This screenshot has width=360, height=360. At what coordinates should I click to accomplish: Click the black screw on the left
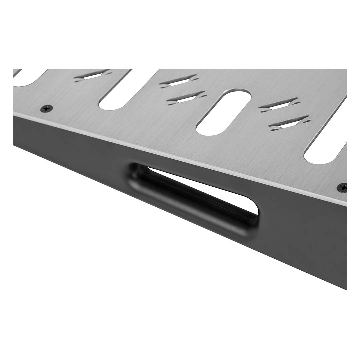(47, 108)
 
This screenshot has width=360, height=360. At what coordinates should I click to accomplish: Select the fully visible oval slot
(223, 112)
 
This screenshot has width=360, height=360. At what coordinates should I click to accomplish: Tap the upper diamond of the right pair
(279, 104)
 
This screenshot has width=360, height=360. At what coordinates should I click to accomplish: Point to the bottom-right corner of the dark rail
(345, 289)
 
